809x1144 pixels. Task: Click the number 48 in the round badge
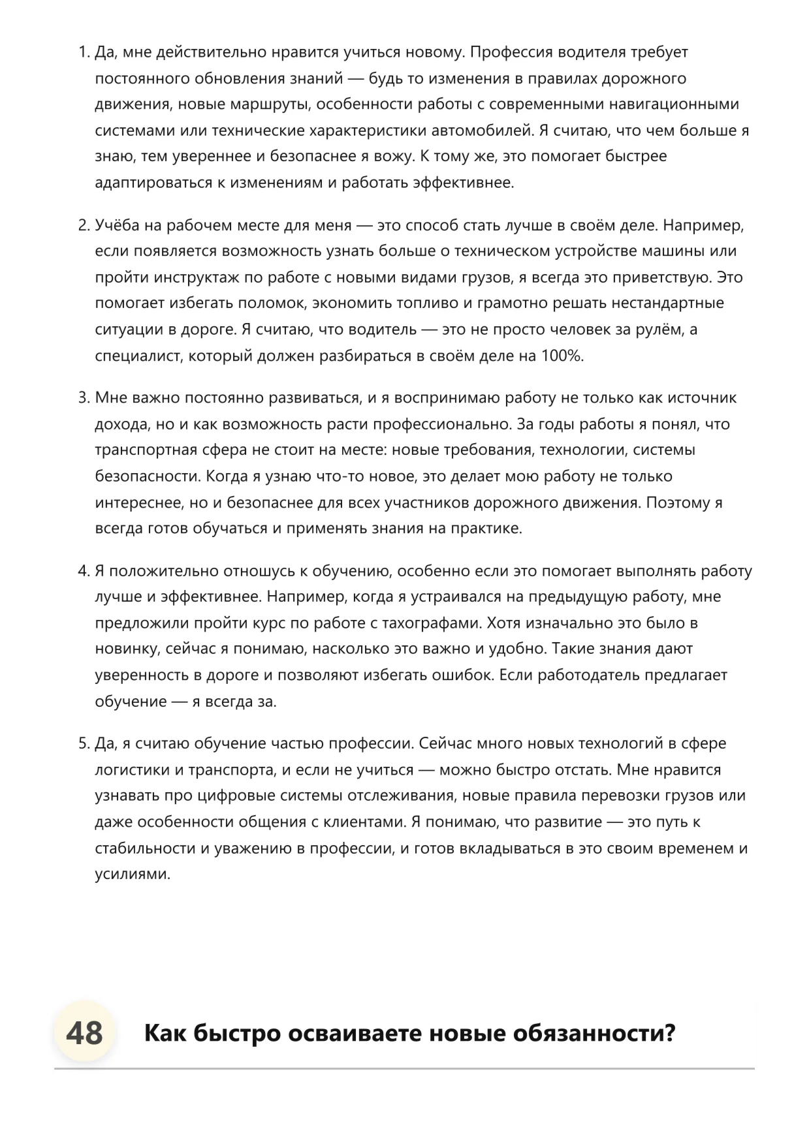tap(85, 1034)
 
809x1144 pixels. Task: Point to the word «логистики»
tap(133, 770)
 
